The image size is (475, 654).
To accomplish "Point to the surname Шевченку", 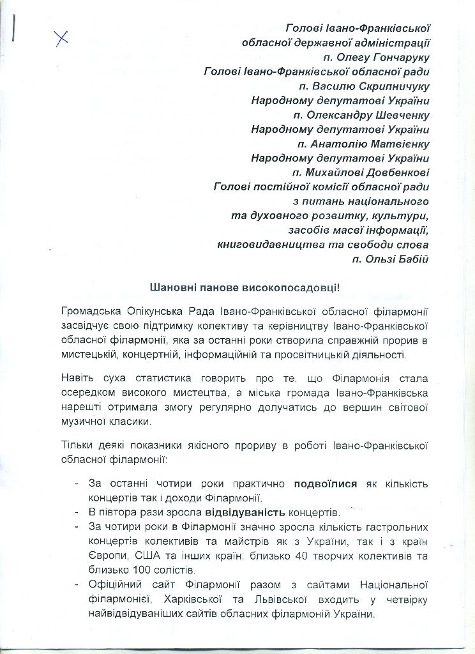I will [x=398, y=115].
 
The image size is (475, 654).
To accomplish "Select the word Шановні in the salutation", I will [x=171, y=288].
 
